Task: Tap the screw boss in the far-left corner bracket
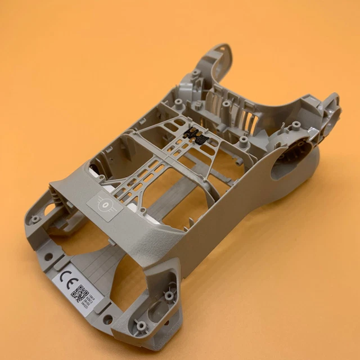tap(35, 218)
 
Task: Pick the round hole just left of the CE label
tap(48, 256)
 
